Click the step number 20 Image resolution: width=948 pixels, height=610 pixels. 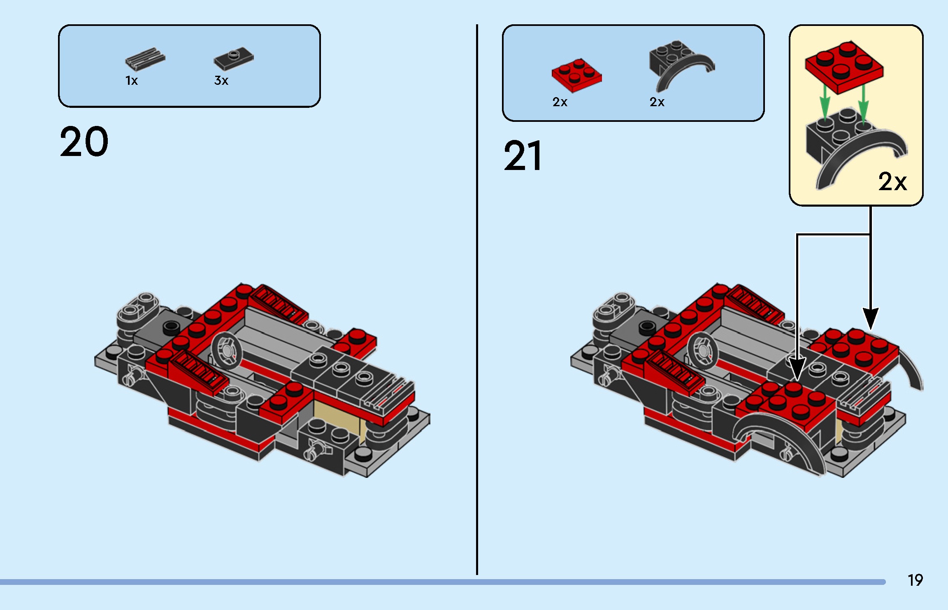pyautogui.click(x=84, y=142)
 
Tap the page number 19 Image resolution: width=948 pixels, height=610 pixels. pyautogui.click(x=915, y=580)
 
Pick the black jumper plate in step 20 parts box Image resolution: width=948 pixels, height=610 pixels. pyautogui.click(x=233, y=58)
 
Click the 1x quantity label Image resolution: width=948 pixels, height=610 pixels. pyautogui.click(x=131, y=81)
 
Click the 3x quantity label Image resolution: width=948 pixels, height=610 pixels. pyautogui.click(x=221, y=81)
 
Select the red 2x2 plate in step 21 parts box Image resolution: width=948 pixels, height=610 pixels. pyautogui.click(x=576, y=75)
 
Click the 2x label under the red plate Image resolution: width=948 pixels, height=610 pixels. pyautogui.click(x=560, y=102)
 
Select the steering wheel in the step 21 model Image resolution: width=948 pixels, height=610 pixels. pyautogui.click(x=702, y=350)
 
